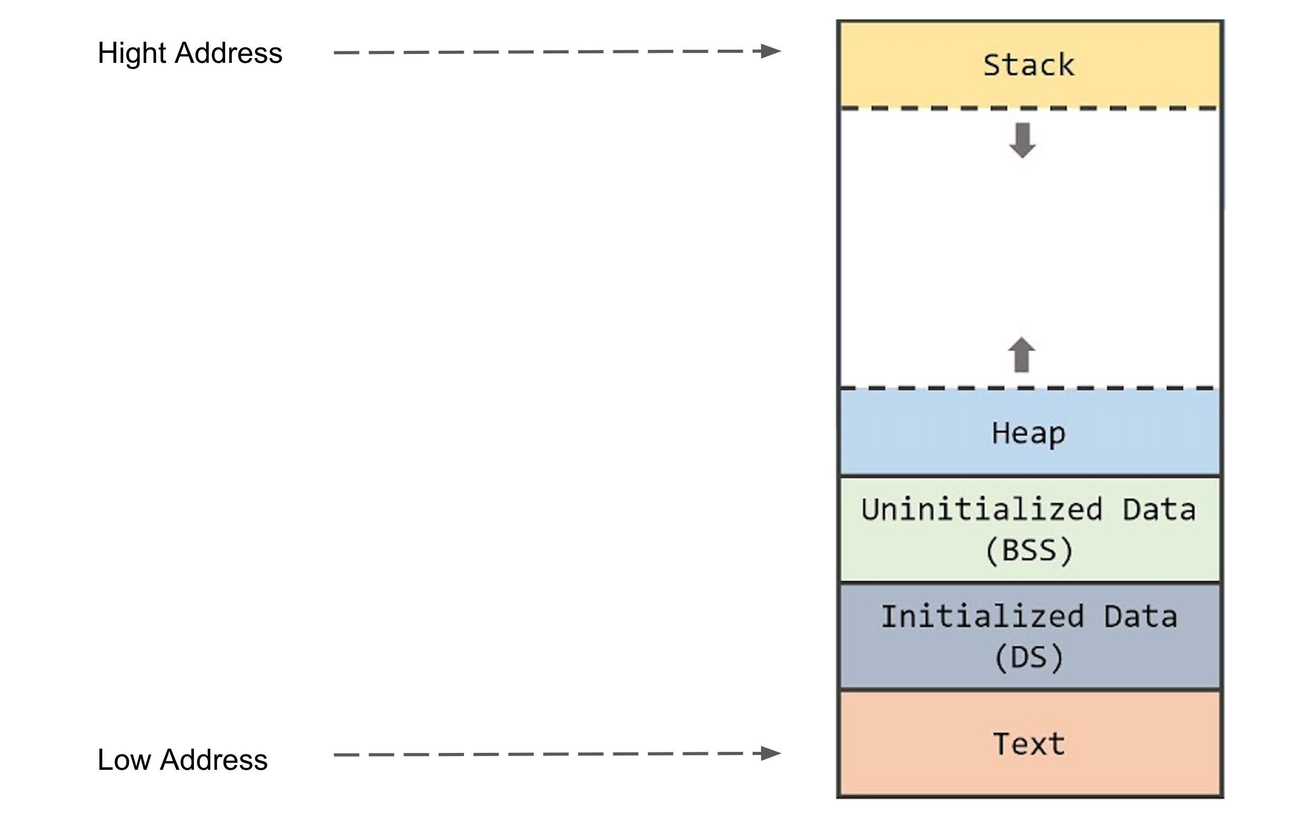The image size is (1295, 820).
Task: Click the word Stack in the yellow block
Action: click(x=1028, y=65)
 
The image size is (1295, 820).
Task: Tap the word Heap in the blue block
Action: click(x=1028, y=433)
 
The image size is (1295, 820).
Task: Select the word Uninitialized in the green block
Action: click(x=982, y=509)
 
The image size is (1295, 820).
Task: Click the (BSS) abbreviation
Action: click(x=1029, y=550)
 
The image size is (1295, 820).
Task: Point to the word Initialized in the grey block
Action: click(x=982, y=616)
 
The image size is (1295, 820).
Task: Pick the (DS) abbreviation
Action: click(x=1029, y=657)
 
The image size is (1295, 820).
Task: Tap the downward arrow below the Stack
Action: click(x=1022, y=141)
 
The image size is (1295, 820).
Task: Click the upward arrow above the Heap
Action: click(x=1021, y=355)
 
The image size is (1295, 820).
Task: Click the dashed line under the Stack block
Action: click(x=1029, y=109)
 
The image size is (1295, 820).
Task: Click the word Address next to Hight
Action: click(x=228, y=53)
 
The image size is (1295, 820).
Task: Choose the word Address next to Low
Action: click(x=214, y=760)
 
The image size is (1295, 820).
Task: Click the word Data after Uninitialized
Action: click(x=1159, y=509)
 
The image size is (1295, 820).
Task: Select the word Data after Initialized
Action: click(x=1141, y=616)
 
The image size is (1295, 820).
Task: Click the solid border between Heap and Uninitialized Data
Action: click(x=1029, y=477)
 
